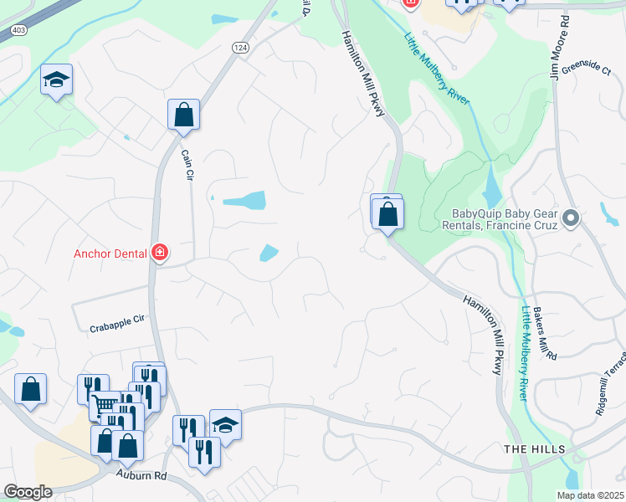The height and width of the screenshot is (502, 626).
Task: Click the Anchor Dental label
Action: pyautogui.click(x=110, y=254)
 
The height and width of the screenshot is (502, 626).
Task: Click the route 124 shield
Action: pyautogui.click(x=241, y=49)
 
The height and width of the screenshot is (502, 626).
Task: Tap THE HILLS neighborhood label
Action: pyautogui.click(x=534, y=450)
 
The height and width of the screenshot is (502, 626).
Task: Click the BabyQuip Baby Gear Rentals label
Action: pyautogui.click(x=505, y=219)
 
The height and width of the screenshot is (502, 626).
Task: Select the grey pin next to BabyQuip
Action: pyautogui.click(x=571, y=218)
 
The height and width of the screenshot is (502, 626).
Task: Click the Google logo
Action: pyautogui.click(x=28, y=492)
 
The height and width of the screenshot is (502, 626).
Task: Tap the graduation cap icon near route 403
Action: pyautogui.click(x=57, y=79)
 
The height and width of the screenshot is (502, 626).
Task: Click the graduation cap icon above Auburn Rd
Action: pyautogui.click(x=225, y=424)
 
